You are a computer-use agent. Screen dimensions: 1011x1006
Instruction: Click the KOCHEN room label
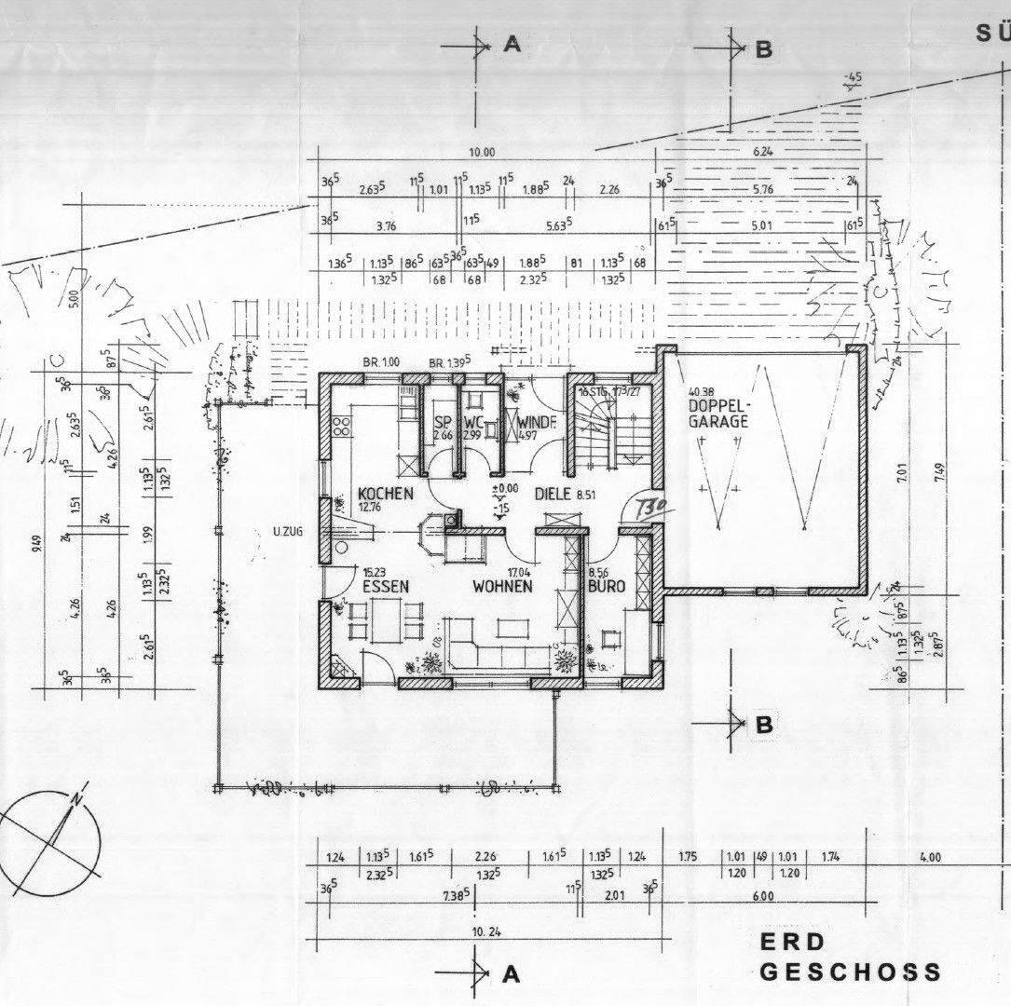click(385, 494)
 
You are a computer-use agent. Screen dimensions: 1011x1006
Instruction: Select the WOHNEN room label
click(501, 587)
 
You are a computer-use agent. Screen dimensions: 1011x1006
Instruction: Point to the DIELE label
click(552, 494)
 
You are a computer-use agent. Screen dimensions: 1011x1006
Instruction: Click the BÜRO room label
click(606, 587)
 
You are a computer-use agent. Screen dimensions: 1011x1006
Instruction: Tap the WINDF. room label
click(538, 421)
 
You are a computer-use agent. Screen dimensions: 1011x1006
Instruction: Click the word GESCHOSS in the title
click(850, 972)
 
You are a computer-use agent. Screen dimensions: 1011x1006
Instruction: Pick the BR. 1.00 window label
click(380, 361)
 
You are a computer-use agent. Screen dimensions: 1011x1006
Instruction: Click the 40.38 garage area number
click(702, 392)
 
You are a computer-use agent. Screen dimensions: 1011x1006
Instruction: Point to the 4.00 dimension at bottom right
click(929, 858)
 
